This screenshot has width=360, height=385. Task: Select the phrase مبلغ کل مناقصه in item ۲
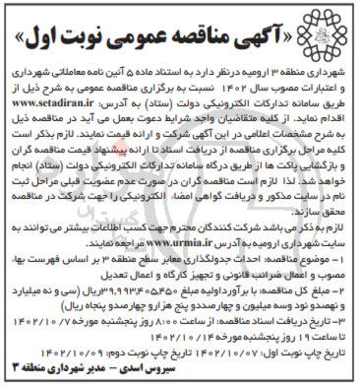pyautogui.click(x=305, y=297)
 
